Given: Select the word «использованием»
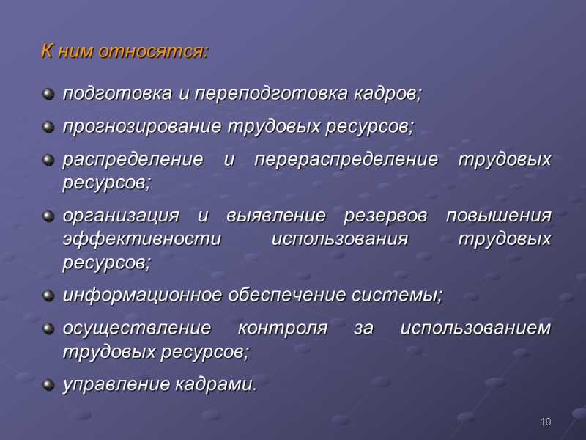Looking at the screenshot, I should click(476, 329).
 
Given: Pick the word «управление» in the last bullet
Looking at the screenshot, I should click(108, 384).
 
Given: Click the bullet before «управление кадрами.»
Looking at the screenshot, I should click(49, 384).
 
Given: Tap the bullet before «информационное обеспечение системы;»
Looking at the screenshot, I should click(49, 296).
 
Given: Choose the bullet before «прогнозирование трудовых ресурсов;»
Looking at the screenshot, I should click(49, 127).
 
